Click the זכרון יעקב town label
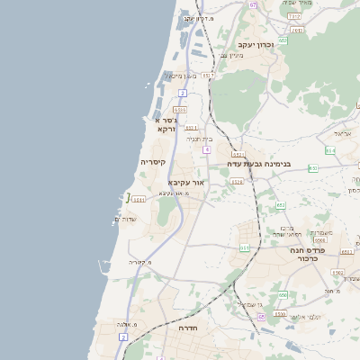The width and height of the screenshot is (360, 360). [256, 44]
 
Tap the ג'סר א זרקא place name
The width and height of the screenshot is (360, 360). [166, 124]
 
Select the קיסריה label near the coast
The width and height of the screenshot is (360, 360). [152, 162]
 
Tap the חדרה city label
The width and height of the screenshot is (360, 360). [188, 329]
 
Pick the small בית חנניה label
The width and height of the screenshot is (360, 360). [199, 139]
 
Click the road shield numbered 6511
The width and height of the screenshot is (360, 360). [139, 200]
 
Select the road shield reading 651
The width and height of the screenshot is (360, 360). [245, 247]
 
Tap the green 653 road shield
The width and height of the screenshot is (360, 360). [281, 205]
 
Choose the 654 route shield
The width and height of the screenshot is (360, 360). [330, 150]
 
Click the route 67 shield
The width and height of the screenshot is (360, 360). [254, 4]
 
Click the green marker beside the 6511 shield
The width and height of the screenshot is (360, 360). [128, 198]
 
